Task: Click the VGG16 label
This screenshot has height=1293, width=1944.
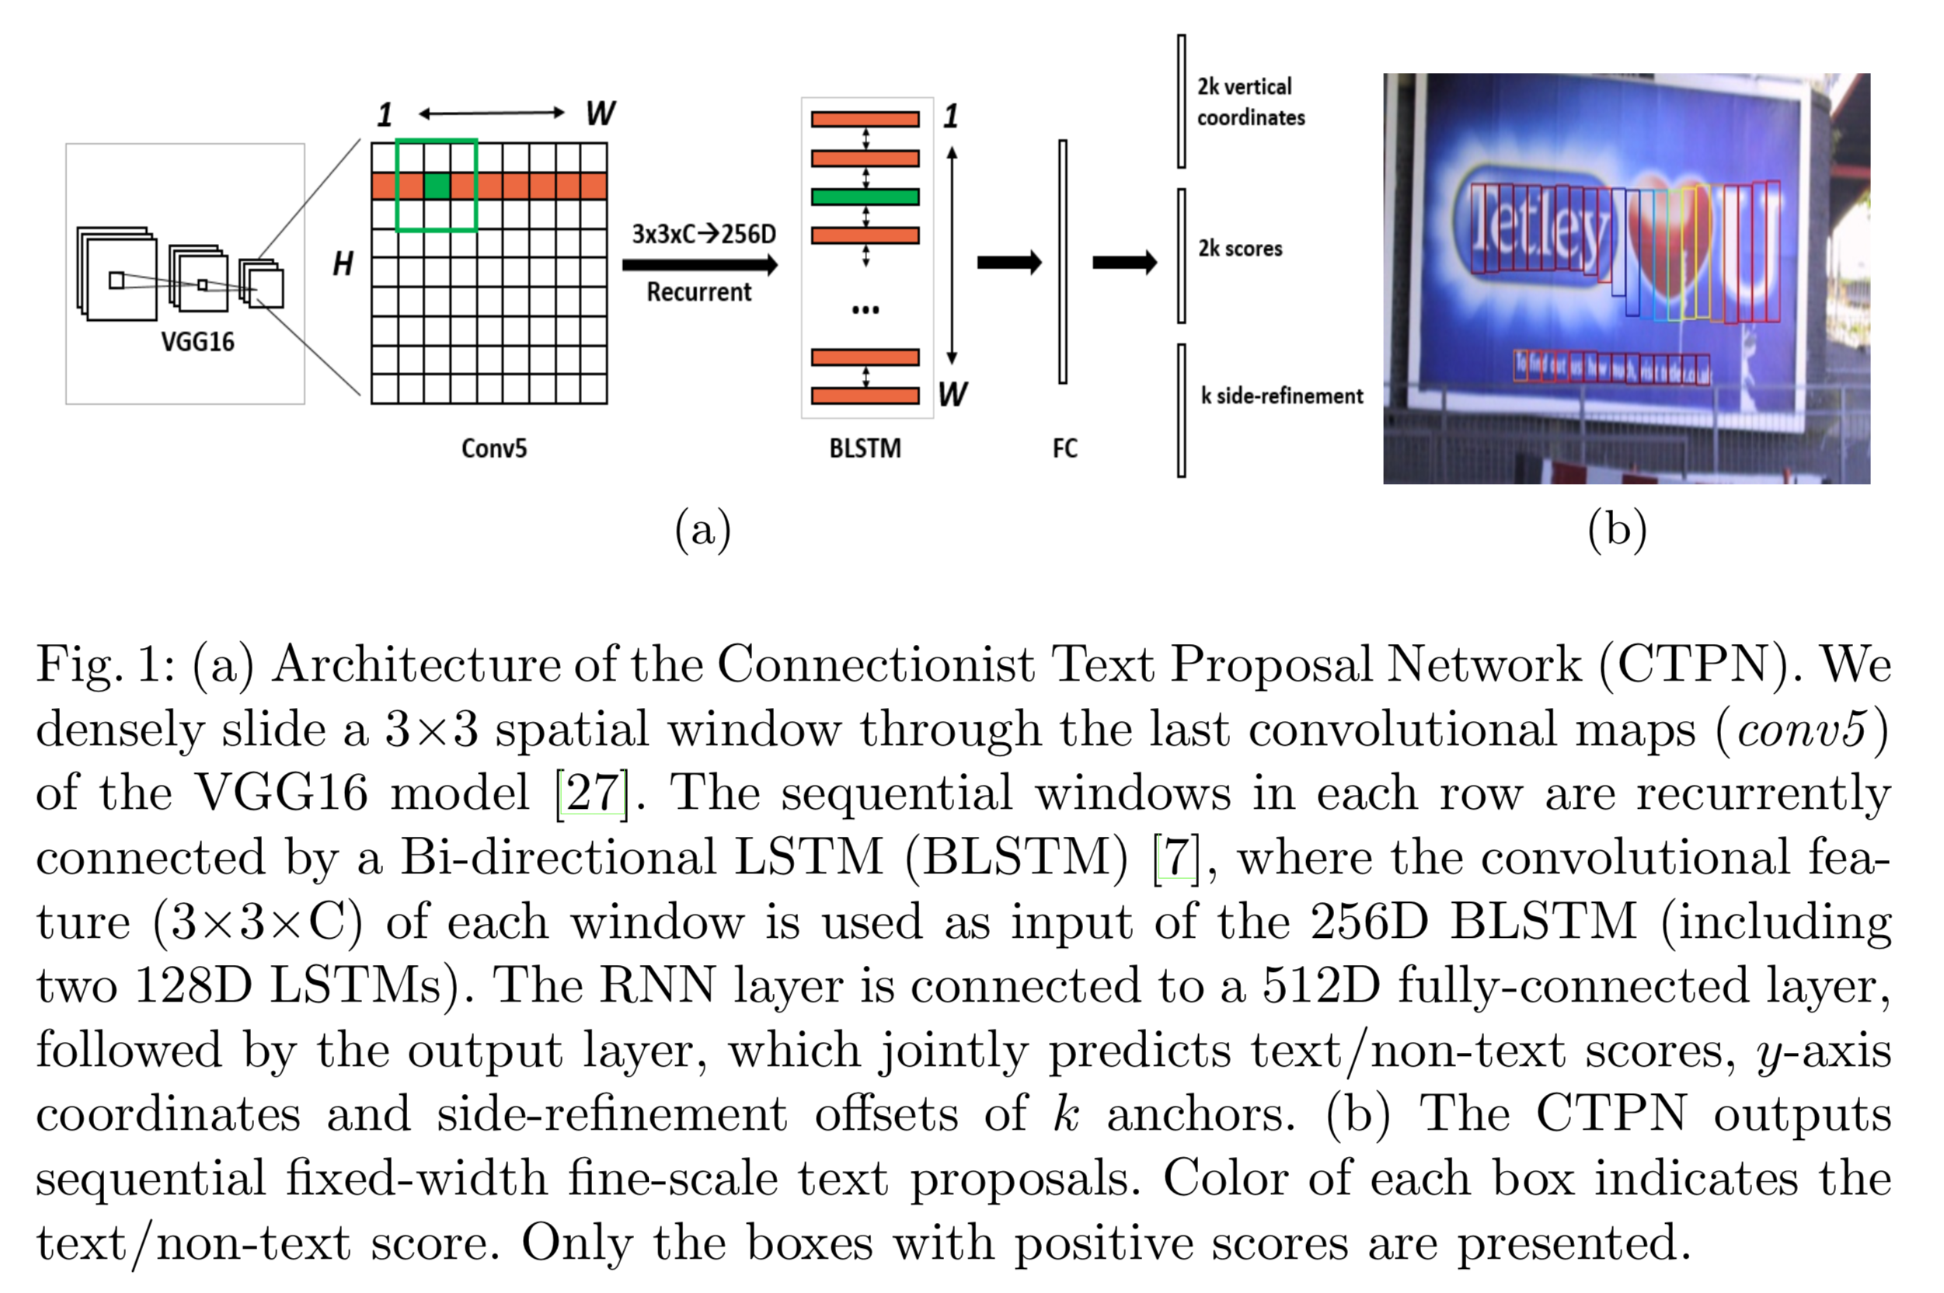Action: click(198, 341)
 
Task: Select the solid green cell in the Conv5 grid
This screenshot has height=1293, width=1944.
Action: click(436, 186)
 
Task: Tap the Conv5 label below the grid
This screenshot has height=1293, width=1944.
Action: click(494, 448)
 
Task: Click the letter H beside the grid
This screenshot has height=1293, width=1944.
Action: click(343, 264)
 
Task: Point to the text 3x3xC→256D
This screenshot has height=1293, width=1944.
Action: click(704, 234)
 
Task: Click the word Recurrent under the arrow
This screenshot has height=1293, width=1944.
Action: click(699, 292)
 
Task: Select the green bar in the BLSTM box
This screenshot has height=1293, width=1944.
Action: click(865, 197)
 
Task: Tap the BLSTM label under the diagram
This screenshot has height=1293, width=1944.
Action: click(865, 448)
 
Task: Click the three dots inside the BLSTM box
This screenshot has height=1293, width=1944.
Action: click(865, 310)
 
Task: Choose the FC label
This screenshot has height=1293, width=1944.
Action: click(1064, 448)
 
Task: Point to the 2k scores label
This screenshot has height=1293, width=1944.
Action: click(1240, 248)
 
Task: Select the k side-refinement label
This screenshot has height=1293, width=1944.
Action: click(1281, 396)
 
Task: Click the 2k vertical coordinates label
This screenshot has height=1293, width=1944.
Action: click(1250, 102)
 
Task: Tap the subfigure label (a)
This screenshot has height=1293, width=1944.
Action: click(702, 528)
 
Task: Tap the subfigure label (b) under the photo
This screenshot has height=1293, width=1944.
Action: click(1617, 528)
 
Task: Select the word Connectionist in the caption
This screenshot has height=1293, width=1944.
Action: click(876, 664)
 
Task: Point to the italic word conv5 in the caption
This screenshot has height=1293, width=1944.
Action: click(1801, 729)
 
